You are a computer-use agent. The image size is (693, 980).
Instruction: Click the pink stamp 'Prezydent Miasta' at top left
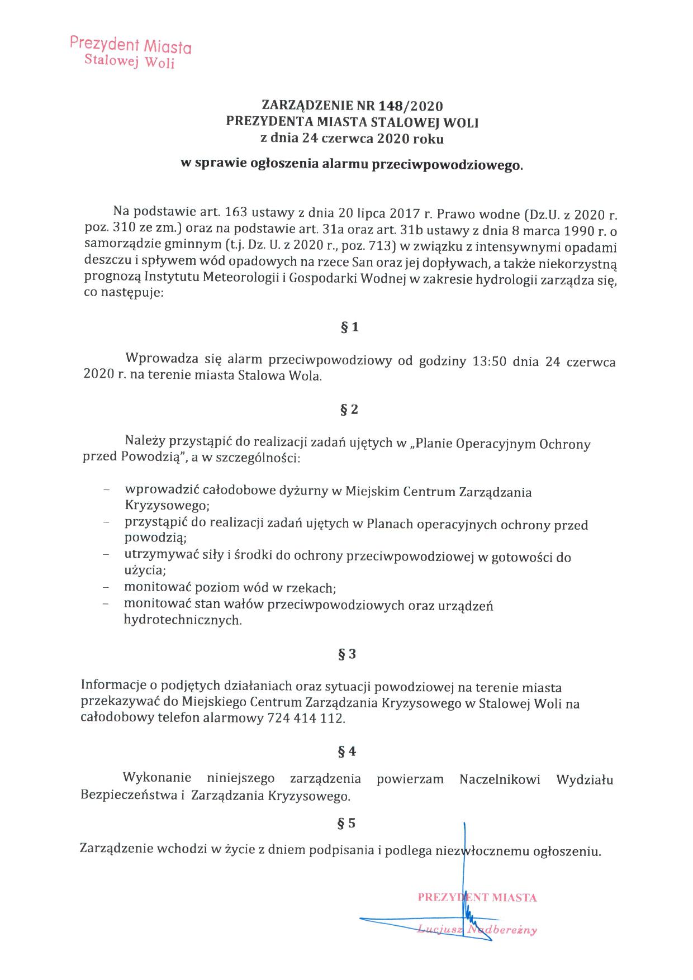[x=130, y=44]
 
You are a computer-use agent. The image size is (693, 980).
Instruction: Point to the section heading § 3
[x=348, y=654]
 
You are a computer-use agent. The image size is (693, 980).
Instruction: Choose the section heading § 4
[x=348, y=751]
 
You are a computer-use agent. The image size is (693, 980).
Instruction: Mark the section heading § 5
[x=348, y=823]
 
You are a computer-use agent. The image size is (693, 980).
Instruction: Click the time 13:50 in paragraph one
[x=490, y=361]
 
